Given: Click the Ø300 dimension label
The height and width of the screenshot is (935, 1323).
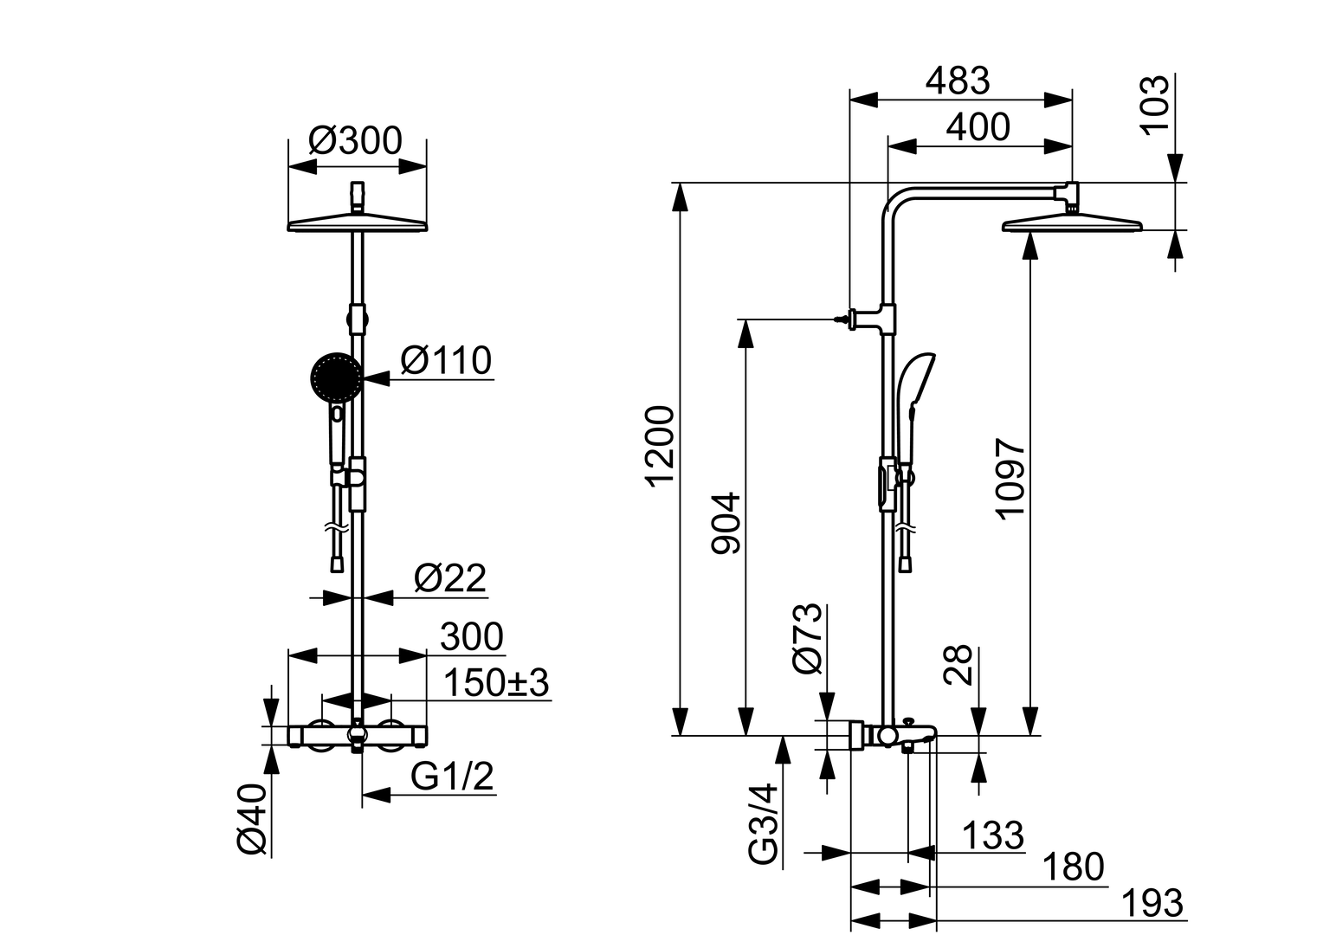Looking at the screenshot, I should pyautogui.click(x=356, y=140).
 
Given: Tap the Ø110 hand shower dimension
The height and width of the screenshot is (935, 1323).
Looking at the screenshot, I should pyautogui.click(x=446, y=360).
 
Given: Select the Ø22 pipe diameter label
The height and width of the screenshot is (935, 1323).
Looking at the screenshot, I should pyautogui.click(x=449, y=578).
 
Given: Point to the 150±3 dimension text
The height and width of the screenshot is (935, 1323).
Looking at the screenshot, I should pyautogui.click(x=495, y=683).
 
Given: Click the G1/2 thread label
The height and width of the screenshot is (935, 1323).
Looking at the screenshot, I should pyautogui.click(x=452, y=777).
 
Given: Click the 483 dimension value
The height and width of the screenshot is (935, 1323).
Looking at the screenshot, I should pyautogui.click(x=957, y=81).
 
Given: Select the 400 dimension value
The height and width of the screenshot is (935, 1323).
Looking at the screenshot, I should pyautogui.click(x=978, y=127).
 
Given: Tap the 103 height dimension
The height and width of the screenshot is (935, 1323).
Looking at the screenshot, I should pyautogui.click(x=1153, y=104).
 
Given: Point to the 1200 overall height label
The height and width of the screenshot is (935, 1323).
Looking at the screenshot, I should pyautogui.click(x=661, y=446).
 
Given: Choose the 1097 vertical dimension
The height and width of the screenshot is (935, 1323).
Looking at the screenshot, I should pyautogui.click(x=1010, y=478).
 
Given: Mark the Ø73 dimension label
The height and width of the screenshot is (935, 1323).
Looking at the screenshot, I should pyautogui.click(x=805, y=638).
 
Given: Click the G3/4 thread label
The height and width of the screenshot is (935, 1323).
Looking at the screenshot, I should pyautogui.click(x=763, y=823).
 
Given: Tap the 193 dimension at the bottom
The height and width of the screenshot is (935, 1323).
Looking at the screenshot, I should pyautogui.click(x=1152, y=903).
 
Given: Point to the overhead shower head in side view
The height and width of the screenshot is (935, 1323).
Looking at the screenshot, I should pyautogui.click(x=1072, y=225).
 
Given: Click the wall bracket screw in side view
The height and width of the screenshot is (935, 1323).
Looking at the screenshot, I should pyautogui.click(x=839, y=319).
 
